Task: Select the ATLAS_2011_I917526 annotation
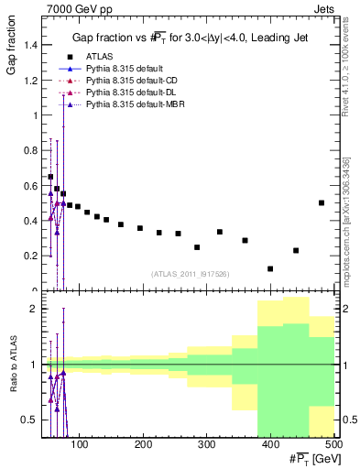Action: (191, 274)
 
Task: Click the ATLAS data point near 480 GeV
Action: (322, 202)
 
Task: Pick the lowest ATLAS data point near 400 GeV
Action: (270, 268)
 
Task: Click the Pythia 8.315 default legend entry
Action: (125, 70)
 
